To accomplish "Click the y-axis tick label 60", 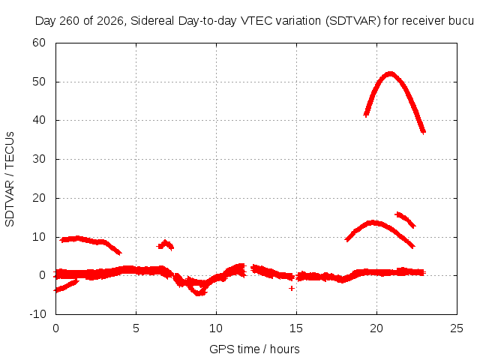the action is coord(39,43).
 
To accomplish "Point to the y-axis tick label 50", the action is coord(39,82).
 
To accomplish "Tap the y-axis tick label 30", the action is coord(39,159).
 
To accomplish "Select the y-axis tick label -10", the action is coord(37,314).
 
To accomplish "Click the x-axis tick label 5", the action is coord(136,328).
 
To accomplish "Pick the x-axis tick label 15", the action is coord(296,328).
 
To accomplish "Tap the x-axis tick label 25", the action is coord(457,328).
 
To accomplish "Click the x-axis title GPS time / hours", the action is coord(254,349).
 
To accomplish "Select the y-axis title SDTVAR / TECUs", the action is coord(10,179).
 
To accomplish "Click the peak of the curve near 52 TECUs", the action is coord(390,74).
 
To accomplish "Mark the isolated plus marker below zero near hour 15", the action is coord(292,288).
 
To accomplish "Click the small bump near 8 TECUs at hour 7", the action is coord(165,244).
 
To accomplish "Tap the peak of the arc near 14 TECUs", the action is coord(372,223).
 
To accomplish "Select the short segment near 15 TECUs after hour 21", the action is coord(405,219).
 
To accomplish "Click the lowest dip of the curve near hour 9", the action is coord(199,293).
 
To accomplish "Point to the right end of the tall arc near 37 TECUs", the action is coord(423,132).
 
